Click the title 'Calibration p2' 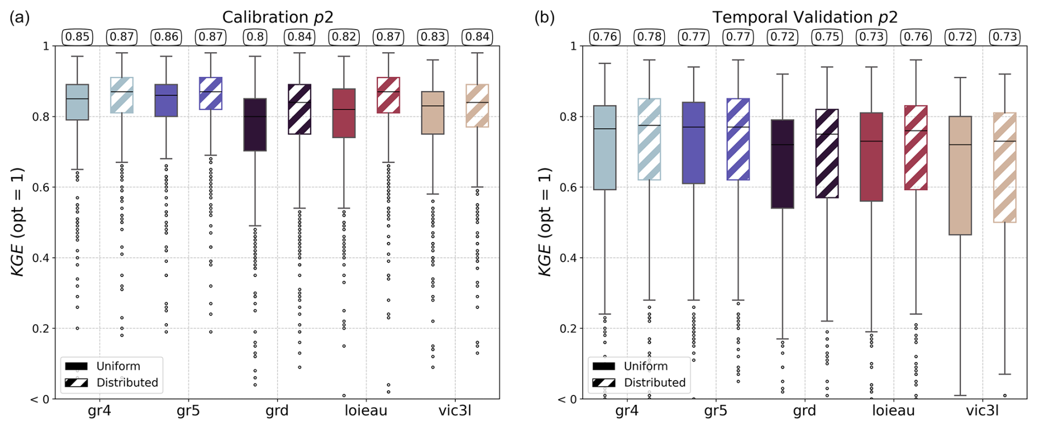coord(278,18)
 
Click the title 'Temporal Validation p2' coord(805,18)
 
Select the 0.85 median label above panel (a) coord(77,37)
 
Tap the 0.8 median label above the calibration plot coord(255,37)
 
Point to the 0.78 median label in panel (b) coord(649,37)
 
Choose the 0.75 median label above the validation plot coord(827,37)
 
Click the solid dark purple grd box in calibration coord(255,125)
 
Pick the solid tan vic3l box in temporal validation coord(960,176)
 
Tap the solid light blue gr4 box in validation coord(605,148)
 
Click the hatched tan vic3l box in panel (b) coord(1005,167)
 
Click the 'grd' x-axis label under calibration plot coord(277,411)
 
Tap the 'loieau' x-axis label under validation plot coord(893,411)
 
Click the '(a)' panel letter coord(20,18)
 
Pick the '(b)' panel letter coord(544,18)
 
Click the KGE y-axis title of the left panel coord(18,222)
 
